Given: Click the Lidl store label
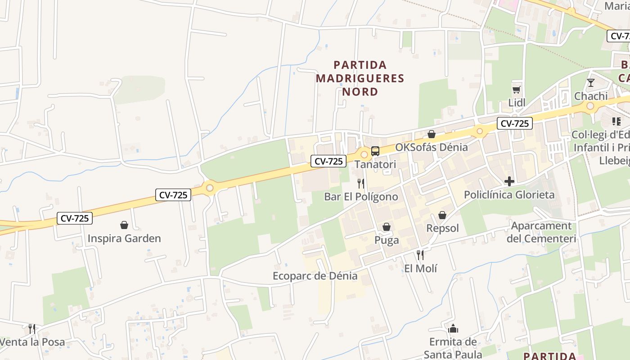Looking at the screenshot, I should click(517, 103).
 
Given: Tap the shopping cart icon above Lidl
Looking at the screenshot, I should click(516, 89).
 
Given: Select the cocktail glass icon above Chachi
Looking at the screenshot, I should click(591, 83).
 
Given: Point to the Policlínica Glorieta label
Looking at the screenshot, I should click(509, 195).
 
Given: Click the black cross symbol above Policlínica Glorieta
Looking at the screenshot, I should click(509, 181).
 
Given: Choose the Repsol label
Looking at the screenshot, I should click(442, 228).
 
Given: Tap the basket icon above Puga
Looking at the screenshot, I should click(386, 227).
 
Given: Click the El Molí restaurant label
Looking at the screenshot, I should click(420, 269).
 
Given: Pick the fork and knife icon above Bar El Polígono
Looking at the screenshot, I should click(360, 183).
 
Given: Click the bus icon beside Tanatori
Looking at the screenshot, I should click(375, 151).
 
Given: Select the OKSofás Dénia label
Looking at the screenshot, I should click(431, 147).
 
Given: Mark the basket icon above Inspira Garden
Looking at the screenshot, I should click(124, 225).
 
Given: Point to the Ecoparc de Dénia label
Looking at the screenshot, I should click(315, 276).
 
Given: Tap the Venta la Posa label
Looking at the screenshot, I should click(32, 342).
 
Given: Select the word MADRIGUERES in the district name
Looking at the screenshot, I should click(360, 78).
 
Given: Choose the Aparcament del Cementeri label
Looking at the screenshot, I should click(541, 232).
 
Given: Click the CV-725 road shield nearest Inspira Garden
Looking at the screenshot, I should click(75, 219).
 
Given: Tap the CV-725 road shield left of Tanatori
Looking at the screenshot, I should click(328, 161).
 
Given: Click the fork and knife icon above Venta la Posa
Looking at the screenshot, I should click(32, 328).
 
